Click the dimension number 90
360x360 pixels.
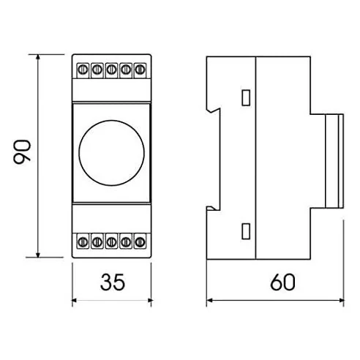click(x=22, y=152)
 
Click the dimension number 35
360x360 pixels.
click(x=113, y=282)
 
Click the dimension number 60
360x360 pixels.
click(x=282, y=282)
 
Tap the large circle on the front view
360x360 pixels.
click(x=112, y=153)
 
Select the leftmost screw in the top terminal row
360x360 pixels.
click(x=83, y=70)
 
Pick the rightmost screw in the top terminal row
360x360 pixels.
click(x=140, y=70)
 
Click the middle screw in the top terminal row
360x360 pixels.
click(x=111, y=70)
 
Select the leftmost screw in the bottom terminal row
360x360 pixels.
click(x=83, y=242)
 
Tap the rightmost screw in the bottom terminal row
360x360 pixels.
click(x=140, y=242)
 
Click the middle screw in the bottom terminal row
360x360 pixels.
click(x=111, y=242)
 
